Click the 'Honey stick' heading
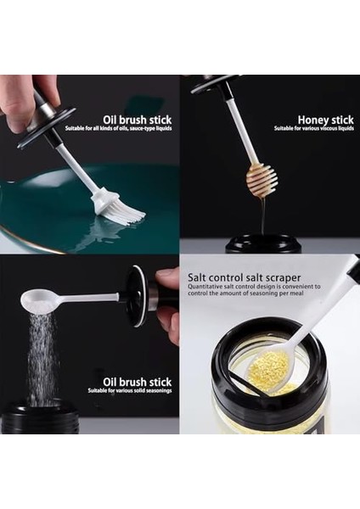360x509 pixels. [325, 120]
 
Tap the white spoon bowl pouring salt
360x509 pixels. [39, 298]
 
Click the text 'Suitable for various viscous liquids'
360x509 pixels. [313, 129]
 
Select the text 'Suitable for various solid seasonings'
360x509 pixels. [132, 391]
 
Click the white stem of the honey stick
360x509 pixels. [243, 128]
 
